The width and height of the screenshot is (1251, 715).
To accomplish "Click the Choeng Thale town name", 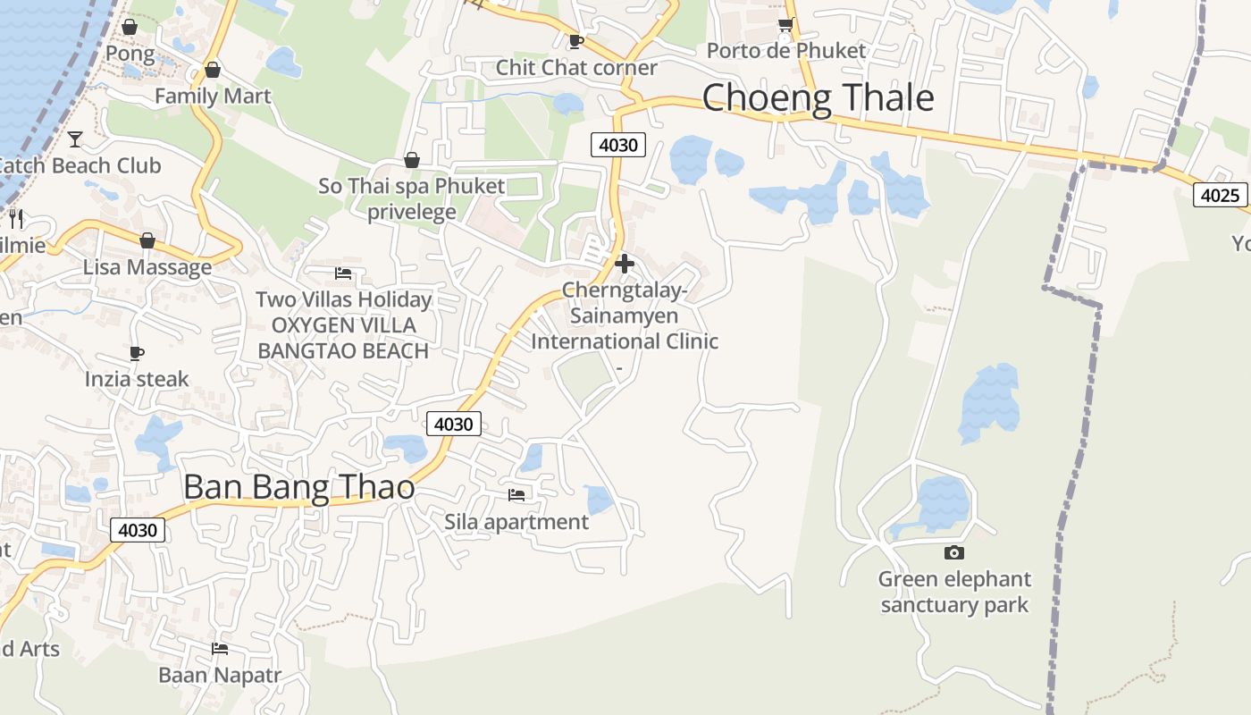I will click(818, 97).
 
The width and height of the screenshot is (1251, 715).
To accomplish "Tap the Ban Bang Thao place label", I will click(298, 487).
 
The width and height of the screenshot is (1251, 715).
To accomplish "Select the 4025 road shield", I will click(1220, 195).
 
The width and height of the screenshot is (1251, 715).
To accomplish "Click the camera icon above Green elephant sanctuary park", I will click(954, 553).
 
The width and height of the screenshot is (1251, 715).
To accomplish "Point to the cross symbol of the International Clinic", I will click(625, 264).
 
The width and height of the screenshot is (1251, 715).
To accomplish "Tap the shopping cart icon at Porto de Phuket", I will click(785, 25).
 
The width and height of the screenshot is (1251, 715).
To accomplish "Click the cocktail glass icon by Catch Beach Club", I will click(75, 139).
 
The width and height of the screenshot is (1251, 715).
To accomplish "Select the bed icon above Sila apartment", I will click(516, 495).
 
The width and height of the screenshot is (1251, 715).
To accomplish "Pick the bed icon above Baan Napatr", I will click(220, 649).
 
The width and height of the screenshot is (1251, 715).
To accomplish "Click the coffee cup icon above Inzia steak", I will click(137, 353).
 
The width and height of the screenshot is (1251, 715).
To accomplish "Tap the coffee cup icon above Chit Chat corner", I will click(576, 41).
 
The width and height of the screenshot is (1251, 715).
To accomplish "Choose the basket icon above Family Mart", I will click(213, 70).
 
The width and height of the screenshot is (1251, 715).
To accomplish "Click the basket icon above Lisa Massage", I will click(147, 240).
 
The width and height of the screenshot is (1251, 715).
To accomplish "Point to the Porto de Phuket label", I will click(786, 51).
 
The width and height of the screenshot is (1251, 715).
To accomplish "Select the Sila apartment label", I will click(516, 522).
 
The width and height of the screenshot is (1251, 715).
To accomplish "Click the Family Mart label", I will click(213, 96).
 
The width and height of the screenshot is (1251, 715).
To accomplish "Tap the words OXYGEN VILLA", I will click(344, 325).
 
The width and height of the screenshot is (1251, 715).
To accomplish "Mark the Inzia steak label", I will click(137, 379).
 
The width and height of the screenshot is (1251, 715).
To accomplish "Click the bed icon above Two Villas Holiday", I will click(343, 273).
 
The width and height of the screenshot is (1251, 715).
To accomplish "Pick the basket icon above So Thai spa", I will click(412, 161).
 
